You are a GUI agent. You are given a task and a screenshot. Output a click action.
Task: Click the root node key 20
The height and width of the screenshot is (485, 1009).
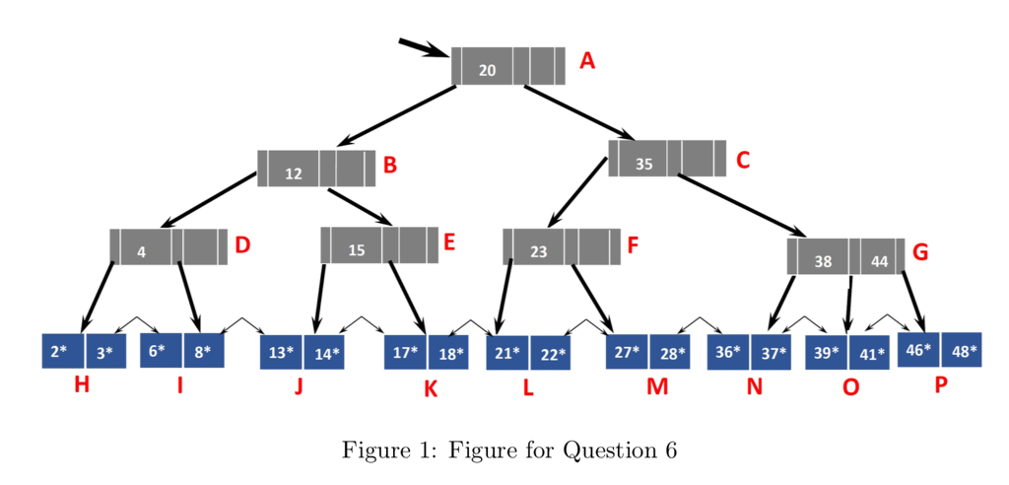pyautogui.click(x=487, y=69)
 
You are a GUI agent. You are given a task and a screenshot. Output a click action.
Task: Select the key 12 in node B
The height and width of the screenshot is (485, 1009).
pyautogui.click(x=293, y=173)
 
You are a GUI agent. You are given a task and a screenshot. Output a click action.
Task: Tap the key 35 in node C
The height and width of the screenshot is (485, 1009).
pyautogui.click(x=643, y=164)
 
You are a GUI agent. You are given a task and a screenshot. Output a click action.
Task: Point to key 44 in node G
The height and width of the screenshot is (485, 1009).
pyautogui.click(x=879, y=262)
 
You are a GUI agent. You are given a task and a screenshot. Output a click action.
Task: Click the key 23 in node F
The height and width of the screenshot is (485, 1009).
pyautogui.click(x=538, y=251)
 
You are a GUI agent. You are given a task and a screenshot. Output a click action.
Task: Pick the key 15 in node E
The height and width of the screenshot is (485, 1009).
pyautogui.click(x=357, y=250)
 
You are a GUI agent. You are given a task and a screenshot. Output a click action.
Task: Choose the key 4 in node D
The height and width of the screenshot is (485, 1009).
pyautogui.click(x=141, y=251)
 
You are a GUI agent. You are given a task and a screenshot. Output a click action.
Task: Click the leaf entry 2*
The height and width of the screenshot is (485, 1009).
pyautogui.click(x=60, y=351)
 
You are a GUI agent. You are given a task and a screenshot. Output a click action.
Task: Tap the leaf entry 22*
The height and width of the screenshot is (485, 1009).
pyautogui.click(x=550, y=353)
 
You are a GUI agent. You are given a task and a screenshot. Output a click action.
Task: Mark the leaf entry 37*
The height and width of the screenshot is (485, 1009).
pyautogui.click(x=771, y=352)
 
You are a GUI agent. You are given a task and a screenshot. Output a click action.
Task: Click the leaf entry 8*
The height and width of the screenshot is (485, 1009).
pyautogui.click(x=203, y=350)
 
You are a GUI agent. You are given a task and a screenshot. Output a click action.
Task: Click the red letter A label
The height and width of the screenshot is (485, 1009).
pyautogui.click(x=587, y=61)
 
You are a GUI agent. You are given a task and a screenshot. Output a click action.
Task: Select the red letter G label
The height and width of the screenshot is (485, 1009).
pyautogui.click(x=920, y=252)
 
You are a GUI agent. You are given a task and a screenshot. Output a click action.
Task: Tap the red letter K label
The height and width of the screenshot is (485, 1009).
pyautogui.click(x=431, y=389)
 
